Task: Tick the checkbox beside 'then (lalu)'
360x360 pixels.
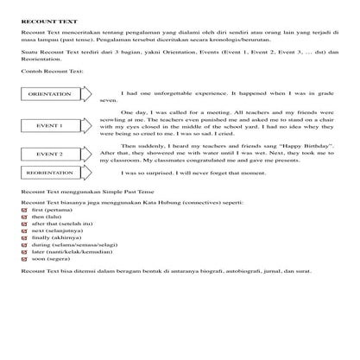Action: (24, 217)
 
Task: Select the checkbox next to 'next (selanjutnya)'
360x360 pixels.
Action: (24, 231)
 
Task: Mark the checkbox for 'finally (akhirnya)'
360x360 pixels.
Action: (24, 239)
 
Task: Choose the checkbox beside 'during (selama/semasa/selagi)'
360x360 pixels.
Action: (24, 246)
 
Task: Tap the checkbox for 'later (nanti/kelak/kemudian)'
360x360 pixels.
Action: (24, 254)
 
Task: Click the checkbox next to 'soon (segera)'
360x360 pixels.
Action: (24, 261)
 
